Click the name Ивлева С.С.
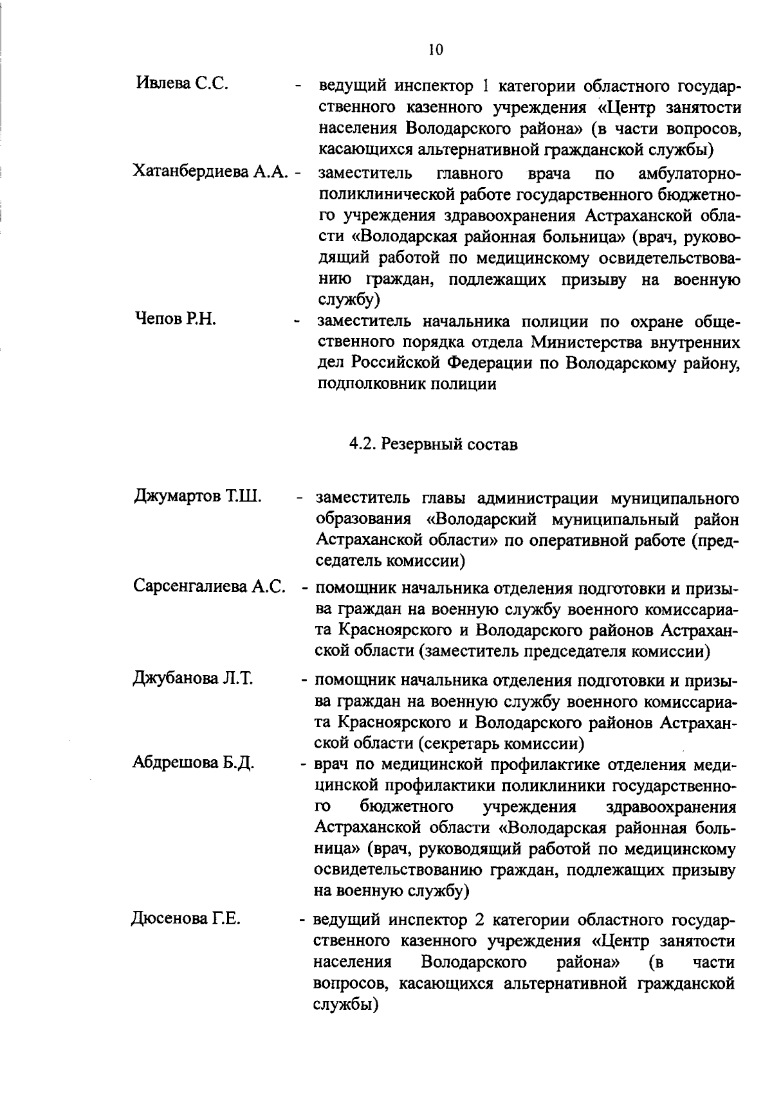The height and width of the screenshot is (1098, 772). (x=182, y=84)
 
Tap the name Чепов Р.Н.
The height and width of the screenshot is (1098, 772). (x=175, y=319)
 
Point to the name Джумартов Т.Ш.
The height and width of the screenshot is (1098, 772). (x=198, y=498)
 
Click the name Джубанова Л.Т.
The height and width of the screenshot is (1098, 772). (x=192, y=678)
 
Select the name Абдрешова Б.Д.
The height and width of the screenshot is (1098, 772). (x=194, y=763)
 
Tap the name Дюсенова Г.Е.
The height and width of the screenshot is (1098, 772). (x=186, y=918)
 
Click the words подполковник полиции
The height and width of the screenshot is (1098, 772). (x=407, y=384)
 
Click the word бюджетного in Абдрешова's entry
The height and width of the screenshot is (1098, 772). (x=407, y=806)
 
